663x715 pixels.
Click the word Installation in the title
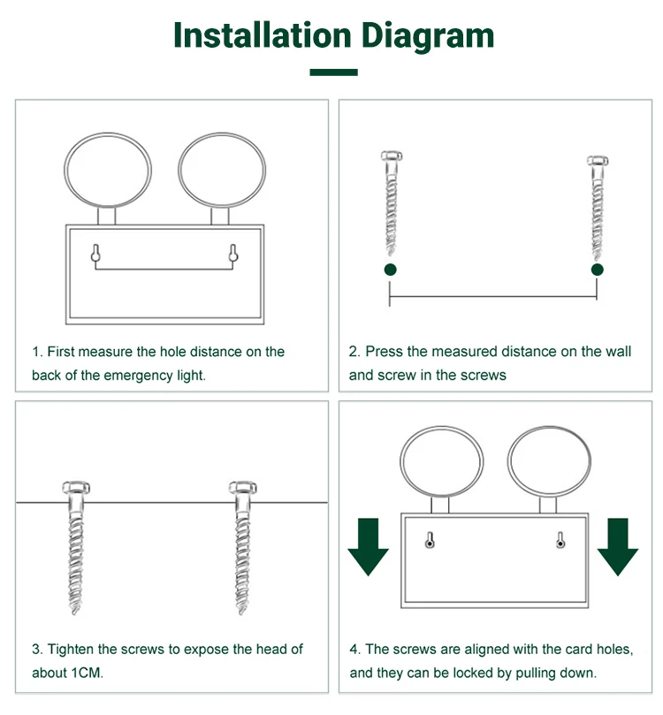click(263, 34)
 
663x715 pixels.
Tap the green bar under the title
click(333, 72)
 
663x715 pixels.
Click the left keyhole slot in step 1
click(95, 254)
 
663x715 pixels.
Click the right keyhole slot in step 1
click(233, 254)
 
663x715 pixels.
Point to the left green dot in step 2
click(391, 270)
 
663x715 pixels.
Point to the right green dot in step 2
click(598, 270)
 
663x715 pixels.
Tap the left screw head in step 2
click(392, 156)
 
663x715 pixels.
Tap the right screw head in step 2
click(598, 161)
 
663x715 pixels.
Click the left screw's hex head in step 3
click(76, 488)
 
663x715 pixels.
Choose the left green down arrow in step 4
click(369, 546)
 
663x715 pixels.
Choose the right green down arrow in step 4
click(618, 546)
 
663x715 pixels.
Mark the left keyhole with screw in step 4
click(430, 540)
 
